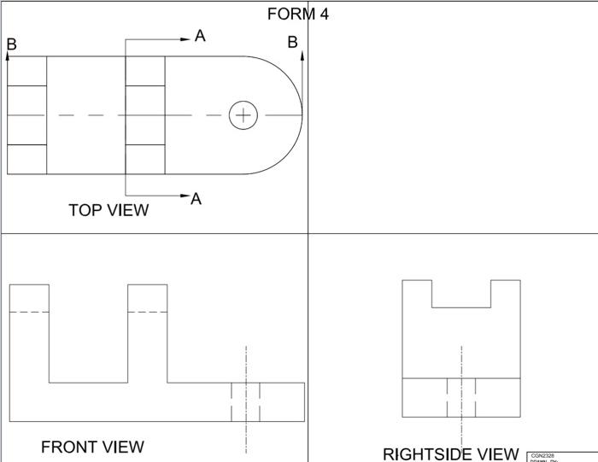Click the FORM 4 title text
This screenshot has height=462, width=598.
297,14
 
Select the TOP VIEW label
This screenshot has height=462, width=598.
108,210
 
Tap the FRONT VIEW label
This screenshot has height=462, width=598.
92,447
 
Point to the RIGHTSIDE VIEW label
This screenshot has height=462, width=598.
450,453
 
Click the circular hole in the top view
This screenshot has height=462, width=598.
243,115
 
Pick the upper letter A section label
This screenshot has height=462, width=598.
200,36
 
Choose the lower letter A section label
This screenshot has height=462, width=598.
196,199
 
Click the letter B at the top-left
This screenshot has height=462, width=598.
11,44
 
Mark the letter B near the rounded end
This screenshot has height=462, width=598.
292,42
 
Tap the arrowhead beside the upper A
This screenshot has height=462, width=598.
185,38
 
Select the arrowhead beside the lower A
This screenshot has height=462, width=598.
185,196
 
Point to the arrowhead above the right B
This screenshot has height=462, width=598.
302,56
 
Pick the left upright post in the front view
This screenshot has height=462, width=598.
29,333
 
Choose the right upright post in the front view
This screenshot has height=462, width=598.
147,333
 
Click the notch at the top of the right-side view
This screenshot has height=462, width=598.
461,293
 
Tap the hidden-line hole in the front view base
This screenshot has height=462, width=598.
246,401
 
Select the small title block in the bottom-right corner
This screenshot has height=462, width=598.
562,457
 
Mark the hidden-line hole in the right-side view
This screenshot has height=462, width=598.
461,397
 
